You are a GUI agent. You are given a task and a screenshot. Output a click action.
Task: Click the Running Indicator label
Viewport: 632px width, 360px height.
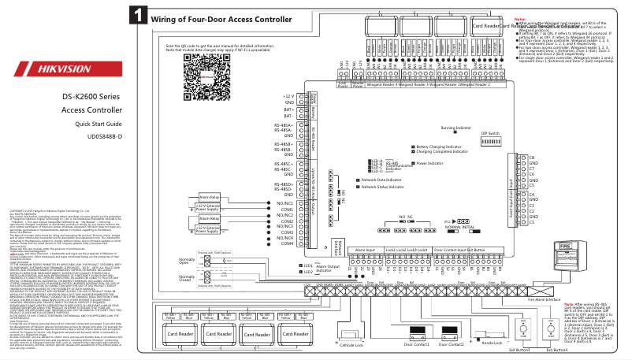coord(455,127)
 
